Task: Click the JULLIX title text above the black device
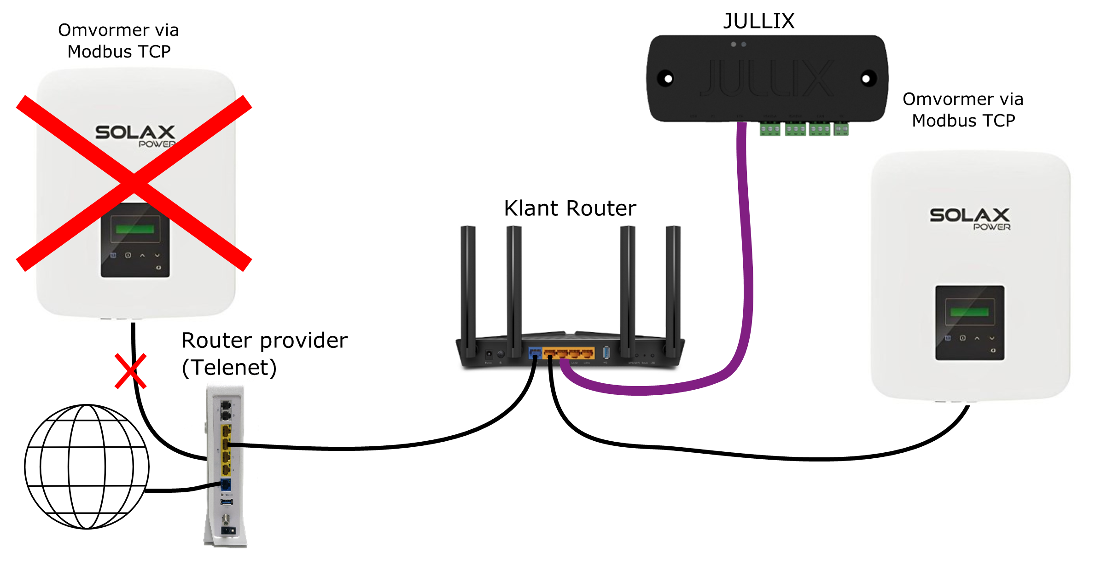click(x=758, y=21)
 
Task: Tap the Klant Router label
click(x=570, y=208)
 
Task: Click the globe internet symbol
click(x=87, y=466)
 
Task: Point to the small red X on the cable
click(x=130, y=371)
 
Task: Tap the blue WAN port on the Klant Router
click(x=535, y=353)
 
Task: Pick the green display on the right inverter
click(x=969, y=312)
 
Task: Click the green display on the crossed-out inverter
click(x=135, y=229)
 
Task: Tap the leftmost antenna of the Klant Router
click(x=468, y=290)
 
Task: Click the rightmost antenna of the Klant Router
click(x=673, y=290)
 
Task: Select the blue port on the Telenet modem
click(x=226, y=484)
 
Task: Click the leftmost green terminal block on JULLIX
click(x=769, y=129)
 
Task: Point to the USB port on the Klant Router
click(x=606, y=353)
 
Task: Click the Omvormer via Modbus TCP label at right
click(x=963, y=110)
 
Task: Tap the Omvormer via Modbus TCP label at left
click(x=118, y=40)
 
